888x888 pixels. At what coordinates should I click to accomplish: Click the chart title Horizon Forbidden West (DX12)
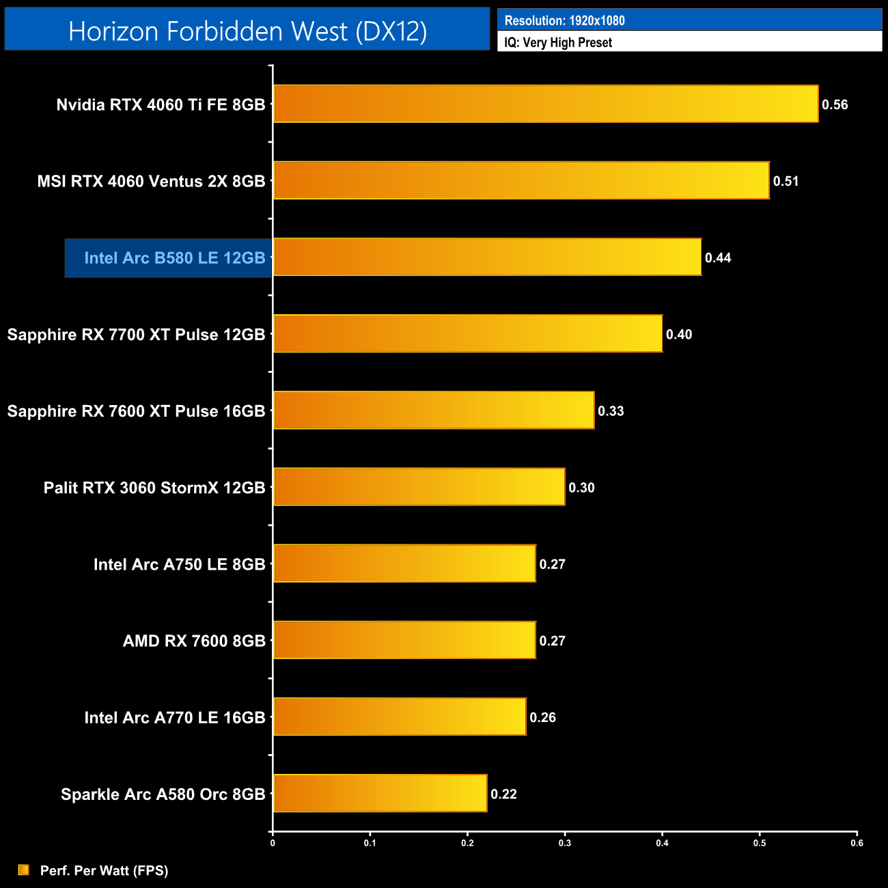click(247, 31)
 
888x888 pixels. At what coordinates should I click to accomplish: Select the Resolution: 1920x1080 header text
click(564, 20)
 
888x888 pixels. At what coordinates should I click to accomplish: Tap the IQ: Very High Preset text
click(558, 42)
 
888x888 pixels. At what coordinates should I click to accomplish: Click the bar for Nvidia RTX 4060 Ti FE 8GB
click(546, 104)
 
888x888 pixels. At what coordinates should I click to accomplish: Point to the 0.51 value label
click(786, 181)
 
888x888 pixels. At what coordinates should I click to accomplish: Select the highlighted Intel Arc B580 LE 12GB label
click(174, 258)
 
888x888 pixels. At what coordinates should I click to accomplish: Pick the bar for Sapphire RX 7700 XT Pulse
click(468, 333)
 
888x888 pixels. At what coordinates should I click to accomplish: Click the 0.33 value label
click(611, 411)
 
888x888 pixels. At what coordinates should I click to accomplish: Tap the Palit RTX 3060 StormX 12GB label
click(154, 488)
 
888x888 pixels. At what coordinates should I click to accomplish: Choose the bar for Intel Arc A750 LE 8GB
click(404, 564)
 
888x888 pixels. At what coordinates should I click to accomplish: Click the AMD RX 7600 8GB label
click(194, 641)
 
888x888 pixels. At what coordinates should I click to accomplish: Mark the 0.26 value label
click(542, 717)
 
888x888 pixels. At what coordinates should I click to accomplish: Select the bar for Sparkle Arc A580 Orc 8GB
click(380, 793)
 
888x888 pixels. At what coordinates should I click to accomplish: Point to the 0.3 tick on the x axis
click(565, 843)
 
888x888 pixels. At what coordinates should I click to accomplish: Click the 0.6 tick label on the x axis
click(857, 843)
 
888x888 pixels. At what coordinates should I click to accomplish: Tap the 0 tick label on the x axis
click(273, 843)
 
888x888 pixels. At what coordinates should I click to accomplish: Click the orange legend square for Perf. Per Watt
click(24, 870)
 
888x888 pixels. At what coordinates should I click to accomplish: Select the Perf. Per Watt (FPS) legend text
click(104, 870)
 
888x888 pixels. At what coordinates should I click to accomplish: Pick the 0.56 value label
click(835, 105)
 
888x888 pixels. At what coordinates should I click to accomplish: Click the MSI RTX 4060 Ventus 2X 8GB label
click(151, 182)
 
